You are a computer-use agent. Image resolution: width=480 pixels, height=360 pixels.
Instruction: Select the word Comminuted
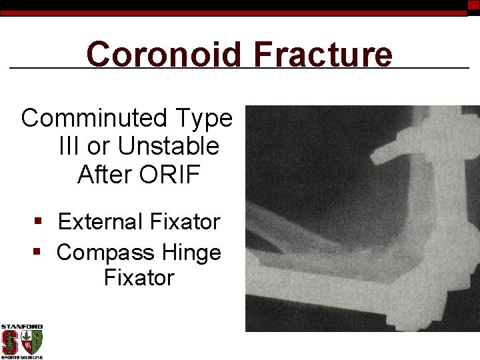[95, 118]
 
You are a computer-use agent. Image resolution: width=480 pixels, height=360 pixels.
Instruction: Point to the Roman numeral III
[69, 146]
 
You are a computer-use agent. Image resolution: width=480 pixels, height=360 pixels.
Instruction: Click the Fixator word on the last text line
[139, 277]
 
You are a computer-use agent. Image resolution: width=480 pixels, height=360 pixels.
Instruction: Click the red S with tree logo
[10, 342]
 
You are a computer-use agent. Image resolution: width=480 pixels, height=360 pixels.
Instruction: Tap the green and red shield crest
[33, 342]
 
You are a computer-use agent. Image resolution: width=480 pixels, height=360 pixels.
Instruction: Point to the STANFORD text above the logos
[21, 327]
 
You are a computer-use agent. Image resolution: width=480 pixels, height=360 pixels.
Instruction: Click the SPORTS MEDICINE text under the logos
[21, 357]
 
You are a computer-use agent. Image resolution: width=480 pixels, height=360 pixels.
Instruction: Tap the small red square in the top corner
[473, 5]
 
